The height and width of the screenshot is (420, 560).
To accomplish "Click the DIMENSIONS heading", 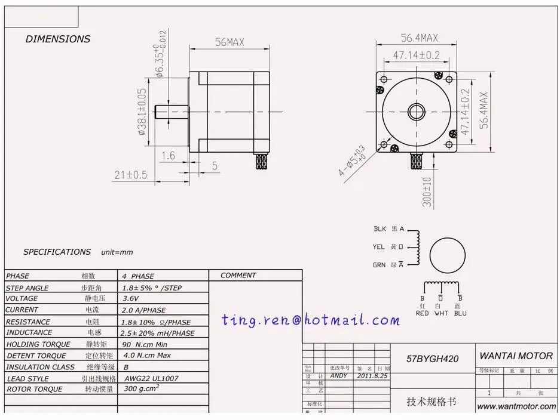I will [58, 39].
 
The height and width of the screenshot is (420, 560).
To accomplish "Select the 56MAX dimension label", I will [229, 42].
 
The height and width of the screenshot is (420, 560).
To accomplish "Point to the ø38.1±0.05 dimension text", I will [142, 112].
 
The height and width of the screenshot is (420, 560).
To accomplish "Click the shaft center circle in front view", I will [417, 112].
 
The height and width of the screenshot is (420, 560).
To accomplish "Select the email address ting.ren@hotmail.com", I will [310, 320].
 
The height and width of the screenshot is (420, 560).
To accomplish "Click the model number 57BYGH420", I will [433, 359].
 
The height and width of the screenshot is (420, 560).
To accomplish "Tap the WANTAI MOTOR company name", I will [516, 356].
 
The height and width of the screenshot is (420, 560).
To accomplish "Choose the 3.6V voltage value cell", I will [131, 298].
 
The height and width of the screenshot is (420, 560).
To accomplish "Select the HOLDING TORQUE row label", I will [38, 344].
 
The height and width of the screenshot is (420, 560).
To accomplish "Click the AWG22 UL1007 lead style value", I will [151, 378].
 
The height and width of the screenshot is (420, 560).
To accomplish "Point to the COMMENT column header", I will [238, 276].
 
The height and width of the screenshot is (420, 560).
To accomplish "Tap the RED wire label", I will [422, 313].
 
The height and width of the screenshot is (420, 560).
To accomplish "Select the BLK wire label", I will [380, 228].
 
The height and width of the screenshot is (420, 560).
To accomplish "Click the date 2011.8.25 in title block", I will [372, 376].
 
